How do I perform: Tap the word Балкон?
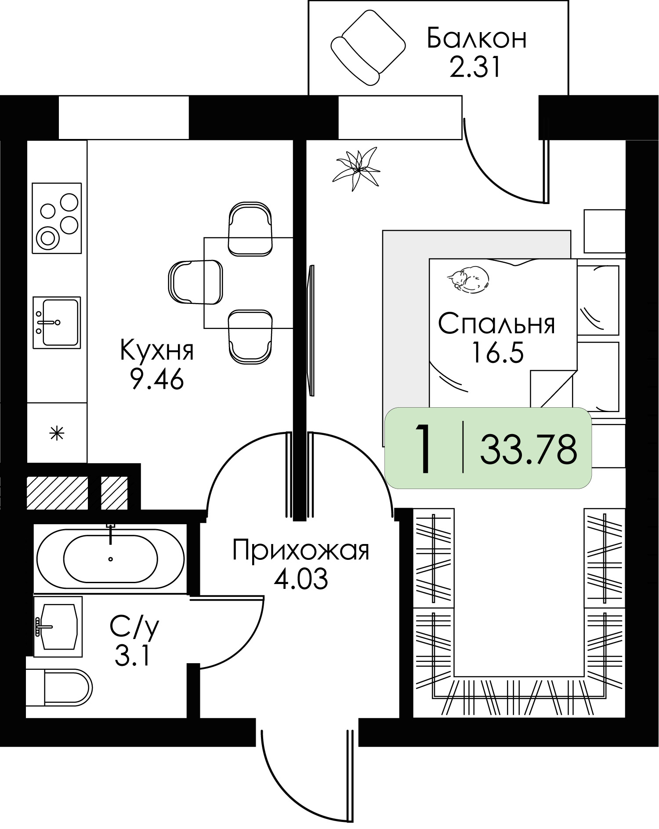pos(476,38)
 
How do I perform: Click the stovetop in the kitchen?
pos(57,218)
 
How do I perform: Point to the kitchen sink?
pos(57,322)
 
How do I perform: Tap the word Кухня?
pos(157,351)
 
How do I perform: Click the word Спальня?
pos(496,324)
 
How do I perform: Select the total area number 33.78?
pos(528,449)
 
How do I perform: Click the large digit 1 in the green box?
pos(423,449)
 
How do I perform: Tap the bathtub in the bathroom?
pos(110,559)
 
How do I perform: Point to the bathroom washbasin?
pos(58,626)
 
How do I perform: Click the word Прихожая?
pos(301,550)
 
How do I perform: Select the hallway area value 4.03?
pos(301,579)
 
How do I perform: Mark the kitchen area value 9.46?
pos(157,380)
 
